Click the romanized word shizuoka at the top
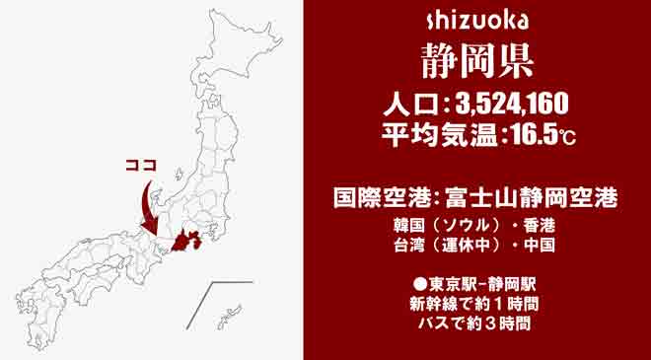tap(478, 19)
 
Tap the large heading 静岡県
tap(477, 58)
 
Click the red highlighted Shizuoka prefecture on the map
tap(185, 240)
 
